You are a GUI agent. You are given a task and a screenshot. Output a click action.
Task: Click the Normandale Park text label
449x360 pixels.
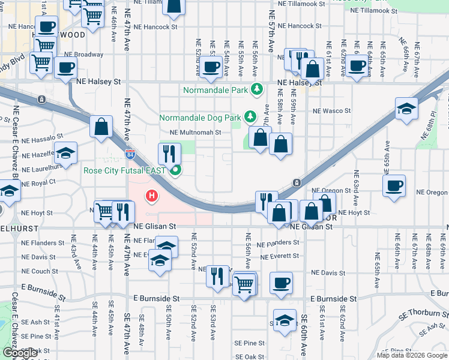[215, 91]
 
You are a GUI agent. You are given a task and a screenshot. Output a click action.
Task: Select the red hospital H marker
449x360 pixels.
[152, 196]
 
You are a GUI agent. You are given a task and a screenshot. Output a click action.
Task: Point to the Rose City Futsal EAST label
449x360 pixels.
[125, 170]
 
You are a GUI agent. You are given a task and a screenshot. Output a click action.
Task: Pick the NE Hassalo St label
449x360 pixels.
[41, 139]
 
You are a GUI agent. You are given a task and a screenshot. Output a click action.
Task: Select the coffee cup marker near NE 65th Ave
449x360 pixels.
[394, 185]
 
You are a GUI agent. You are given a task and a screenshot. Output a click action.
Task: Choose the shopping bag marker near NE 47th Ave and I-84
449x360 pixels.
[101, 126]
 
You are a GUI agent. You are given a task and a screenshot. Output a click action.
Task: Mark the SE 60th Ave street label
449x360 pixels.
[304, 336]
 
